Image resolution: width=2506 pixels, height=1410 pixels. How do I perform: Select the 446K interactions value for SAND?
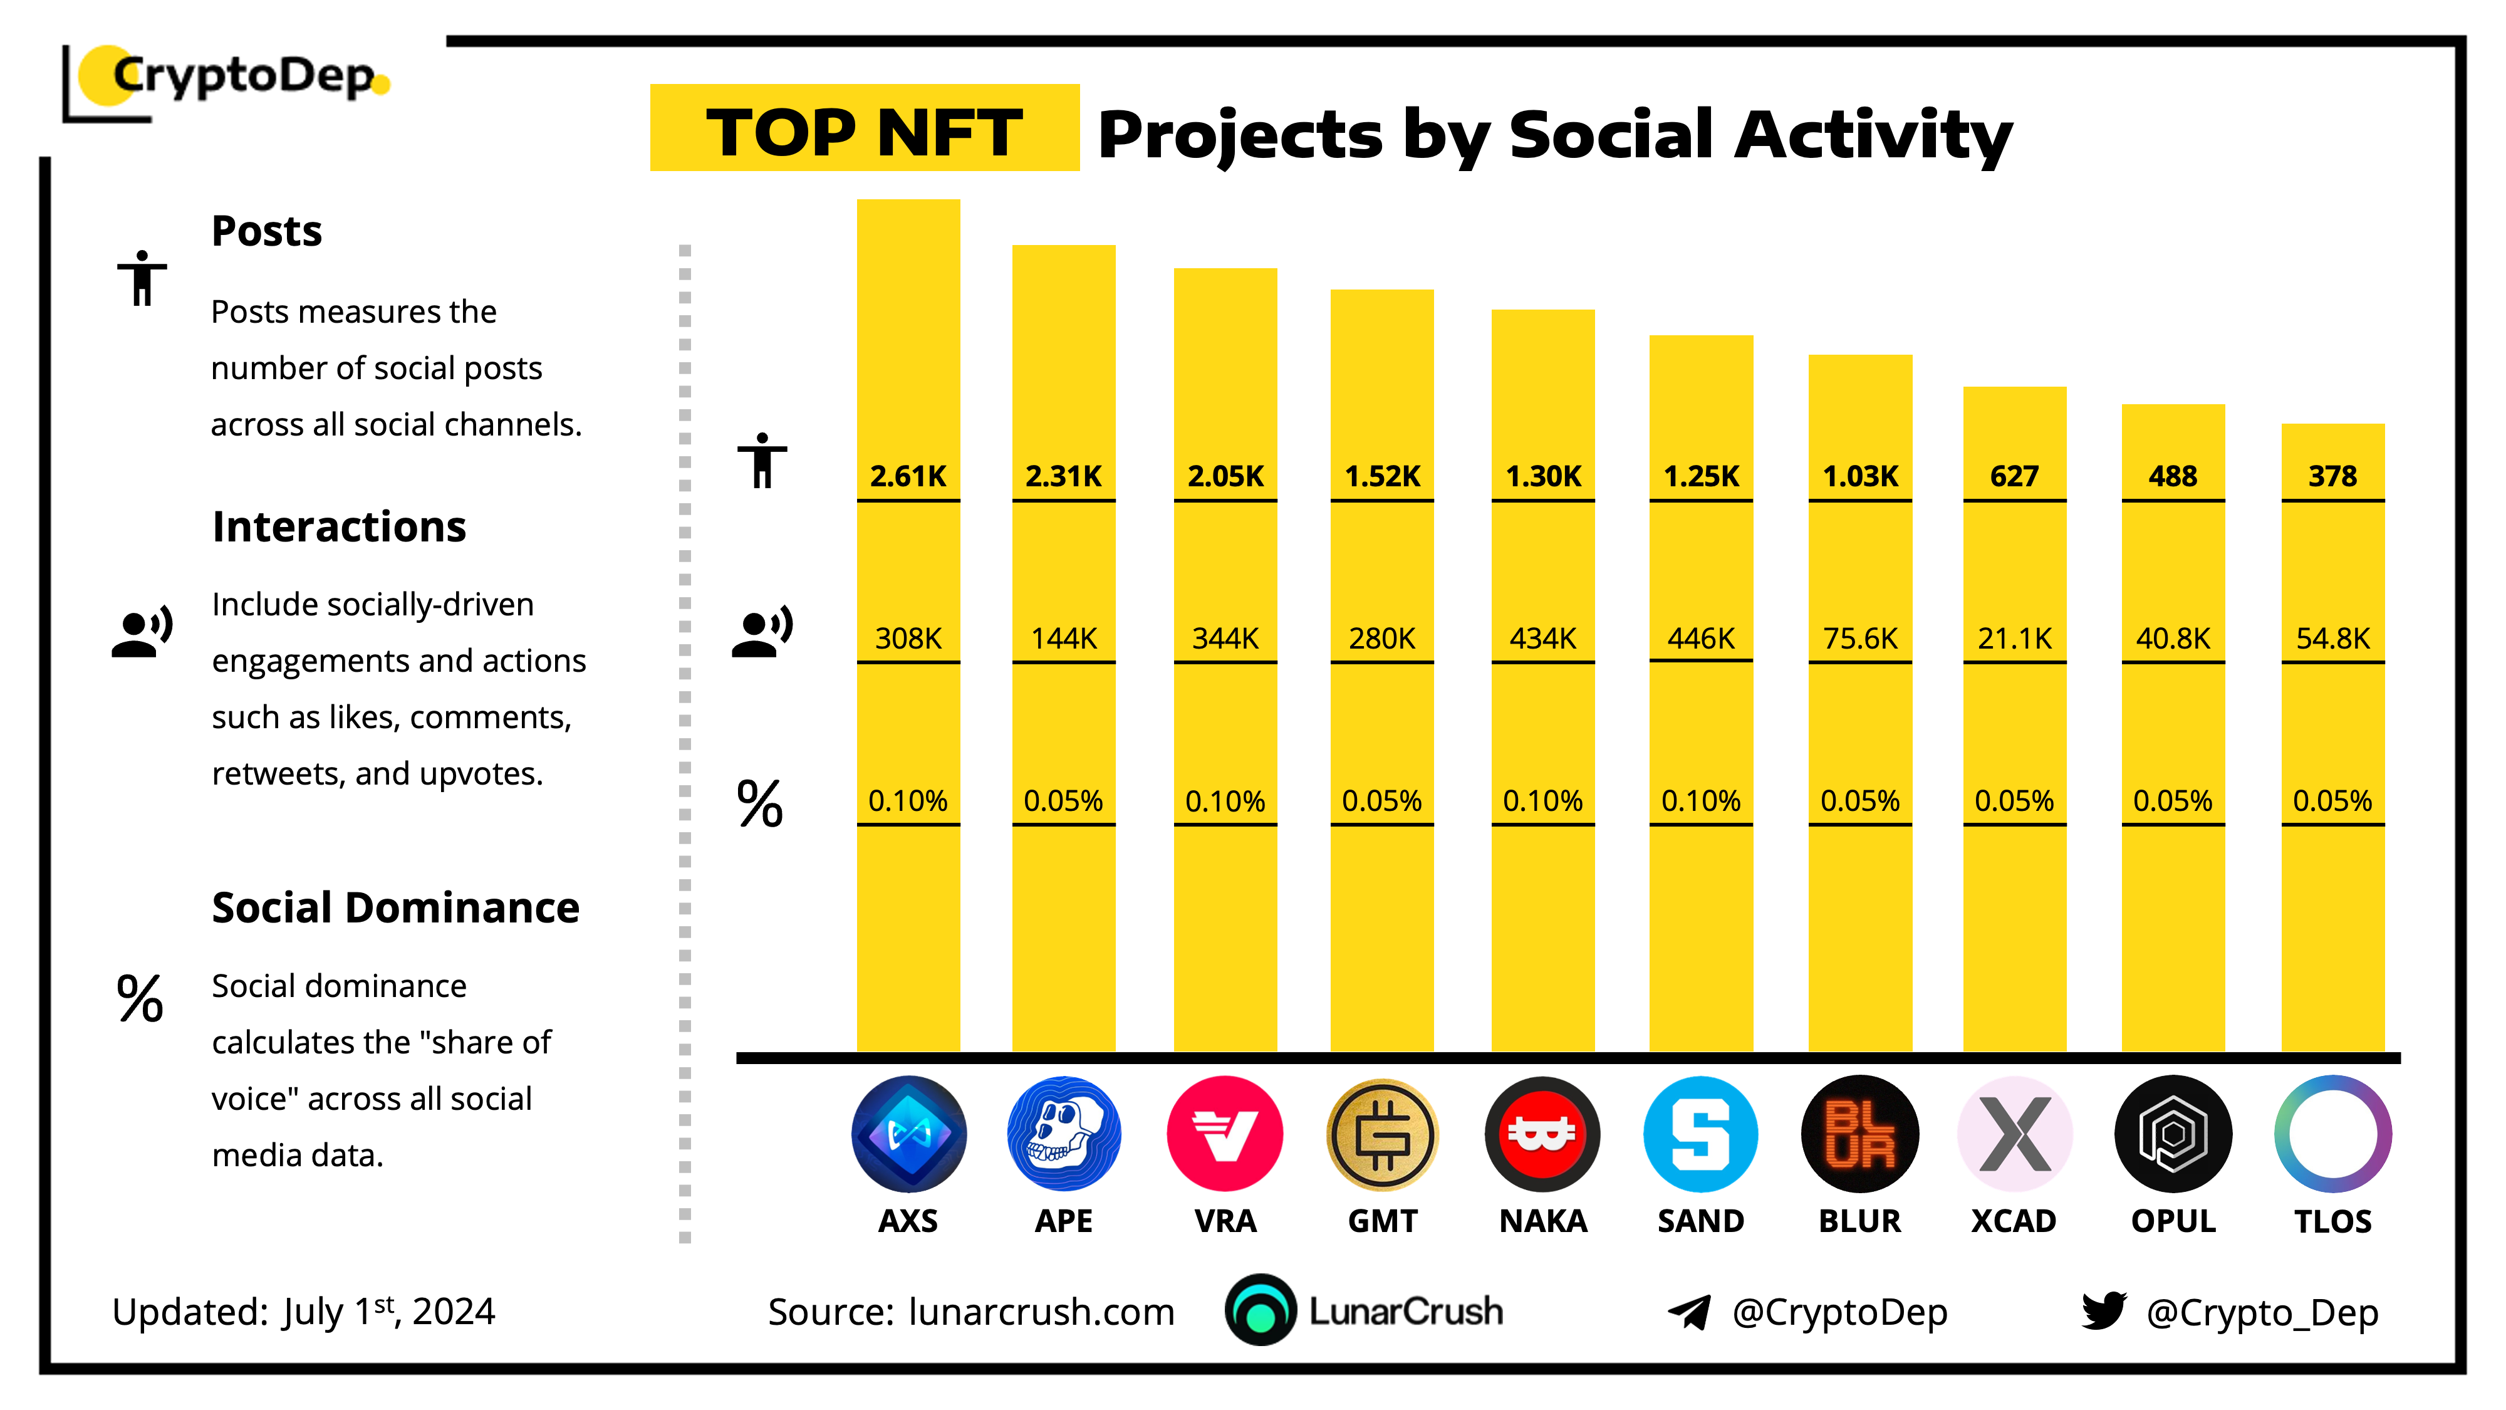(1700, 639)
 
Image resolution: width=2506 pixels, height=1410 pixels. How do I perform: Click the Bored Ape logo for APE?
(1063, 1134)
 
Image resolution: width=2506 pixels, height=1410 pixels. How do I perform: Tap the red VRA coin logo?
(1225, 1134)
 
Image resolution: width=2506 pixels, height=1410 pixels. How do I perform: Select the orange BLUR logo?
(1859, 1134)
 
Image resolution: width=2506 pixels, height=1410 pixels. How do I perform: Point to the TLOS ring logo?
(2332, 1134)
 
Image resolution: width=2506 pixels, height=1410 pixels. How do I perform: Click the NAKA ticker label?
(1543, 1221)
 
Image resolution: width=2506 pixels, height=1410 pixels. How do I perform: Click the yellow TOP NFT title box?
(864, 128)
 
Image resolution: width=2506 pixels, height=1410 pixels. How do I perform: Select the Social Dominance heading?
(395, 908)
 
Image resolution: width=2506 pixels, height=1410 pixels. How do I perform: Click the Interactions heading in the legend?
(338, 526)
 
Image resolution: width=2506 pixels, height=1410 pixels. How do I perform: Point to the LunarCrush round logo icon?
(1261, 1311)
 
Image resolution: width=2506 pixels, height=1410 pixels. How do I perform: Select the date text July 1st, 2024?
(389, 1312)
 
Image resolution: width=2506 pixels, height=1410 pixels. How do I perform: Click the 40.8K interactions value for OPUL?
(2172, 639)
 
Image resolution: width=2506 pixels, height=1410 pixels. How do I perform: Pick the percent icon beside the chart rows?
(760, 804)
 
